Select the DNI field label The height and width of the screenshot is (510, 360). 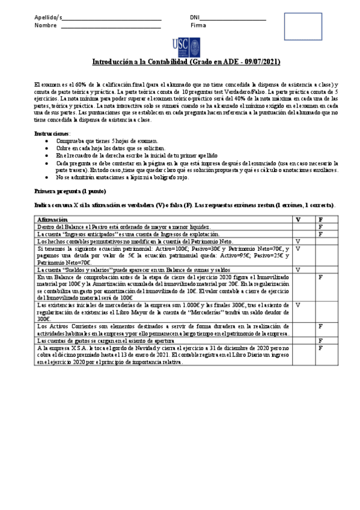coord(195,17)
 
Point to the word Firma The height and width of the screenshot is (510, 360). coord(198,26)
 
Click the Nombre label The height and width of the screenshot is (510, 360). coord(46,26)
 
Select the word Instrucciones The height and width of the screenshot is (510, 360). coord(52,133)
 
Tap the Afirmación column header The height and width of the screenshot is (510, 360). coord(52,220)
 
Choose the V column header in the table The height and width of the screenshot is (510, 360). coord(298,220)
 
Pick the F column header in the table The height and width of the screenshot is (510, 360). coord(321,220)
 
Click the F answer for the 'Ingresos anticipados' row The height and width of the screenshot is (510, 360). coord(321,234)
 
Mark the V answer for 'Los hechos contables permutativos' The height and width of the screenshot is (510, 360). coord(298,241)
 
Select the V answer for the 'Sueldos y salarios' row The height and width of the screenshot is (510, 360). coord(298,270)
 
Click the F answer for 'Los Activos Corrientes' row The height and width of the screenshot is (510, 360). coord(321,327)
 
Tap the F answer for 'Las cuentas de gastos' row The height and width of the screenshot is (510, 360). coord(321,340)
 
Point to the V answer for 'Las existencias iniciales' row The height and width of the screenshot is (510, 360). coord(298,306)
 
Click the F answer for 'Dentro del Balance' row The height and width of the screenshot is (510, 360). coord(321,227)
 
